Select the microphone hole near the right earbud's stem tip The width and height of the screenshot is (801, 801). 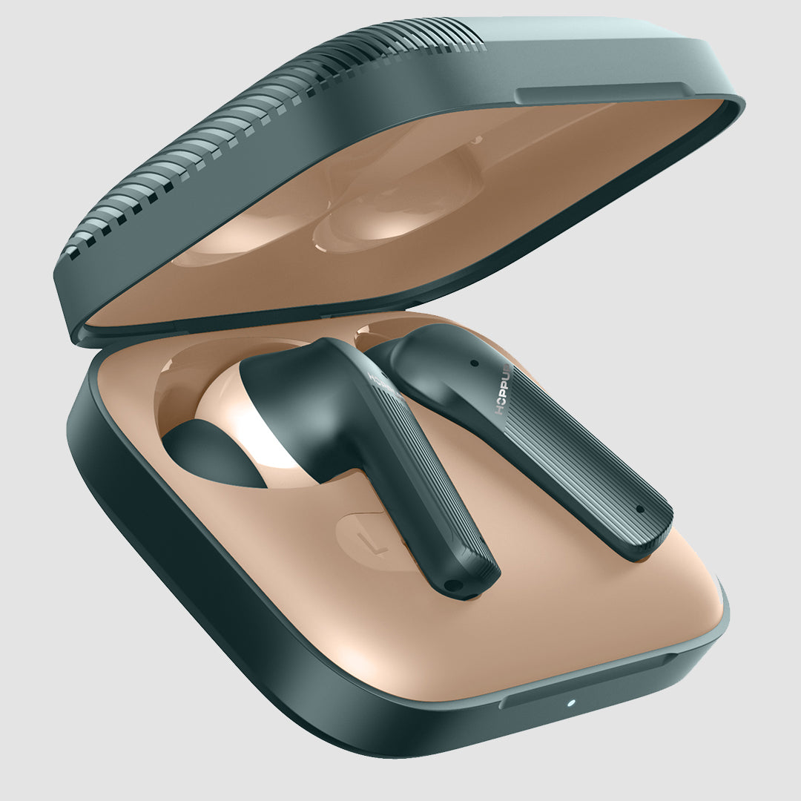pos(639,510)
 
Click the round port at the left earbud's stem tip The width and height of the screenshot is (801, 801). pos(449,584)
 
